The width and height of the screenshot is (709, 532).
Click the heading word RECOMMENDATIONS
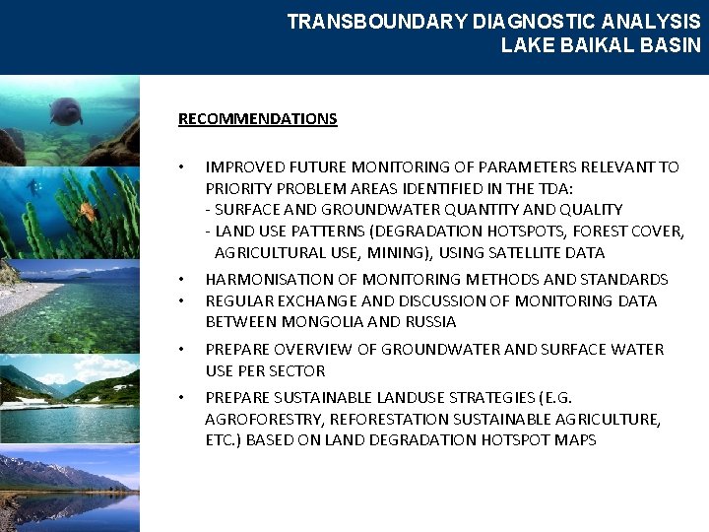coord(257,119)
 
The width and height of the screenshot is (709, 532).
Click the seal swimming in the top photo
coord(66,110)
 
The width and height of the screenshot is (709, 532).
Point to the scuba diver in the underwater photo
coord(35,186)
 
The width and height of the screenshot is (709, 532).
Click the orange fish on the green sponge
coord(88,210)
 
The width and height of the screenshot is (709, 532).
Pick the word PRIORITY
coord(238,188)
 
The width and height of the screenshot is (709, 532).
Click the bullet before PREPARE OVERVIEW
coord(182,350)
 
